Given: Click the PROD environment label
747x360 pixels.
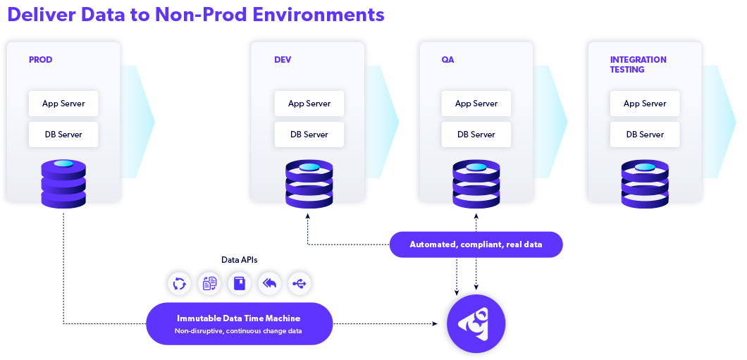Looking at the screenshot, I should coord(40,60).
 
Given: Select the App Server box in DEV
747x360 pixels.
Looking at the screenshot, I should coord(309,104).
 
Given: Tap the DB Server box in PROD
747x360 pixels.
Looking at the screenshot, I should coord(63,135).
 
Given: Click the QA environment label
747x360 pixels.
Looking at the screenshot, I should coord(447,60).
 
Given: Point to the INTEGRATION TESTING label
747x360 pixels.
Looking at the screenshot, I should coord(638,65).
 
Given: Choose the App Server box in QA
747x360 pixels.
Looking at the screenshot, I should coord(476,104).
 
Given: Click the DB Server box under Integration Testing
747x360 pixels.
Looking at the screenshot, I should coord(645,135).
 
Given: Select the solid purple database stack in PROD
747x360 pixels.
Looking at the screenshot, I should coord(63,184).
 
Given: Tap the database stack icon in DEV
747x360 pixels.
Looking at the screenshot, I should coord(309,185).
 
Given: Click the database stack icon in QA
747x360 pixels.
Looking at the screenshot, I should coord(476,185).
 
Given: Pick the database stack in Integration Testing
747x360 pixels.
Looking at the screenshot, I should coord(645,185).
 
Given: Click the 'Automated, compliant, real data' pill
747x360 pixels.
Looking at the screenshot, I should coord(476,244).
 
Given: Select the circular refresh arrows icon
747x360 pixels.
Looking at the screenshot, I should coord(180,284).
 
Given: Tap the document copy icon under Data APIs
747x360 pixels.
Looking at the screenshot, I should coord(210,284).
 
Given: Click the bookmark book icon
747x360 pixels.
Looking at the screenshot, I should coord(240,284).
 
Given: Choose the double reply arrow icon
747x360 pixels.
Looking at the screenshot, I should coord(270,284).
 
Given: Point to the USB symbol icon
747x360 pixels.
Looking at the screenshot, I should coord(300,284).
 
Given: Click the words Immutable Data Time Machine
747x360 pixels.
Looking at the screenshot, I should coord(239,318).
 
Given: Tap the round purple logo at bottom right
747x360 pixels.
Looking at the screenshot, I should coord(476,323).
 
